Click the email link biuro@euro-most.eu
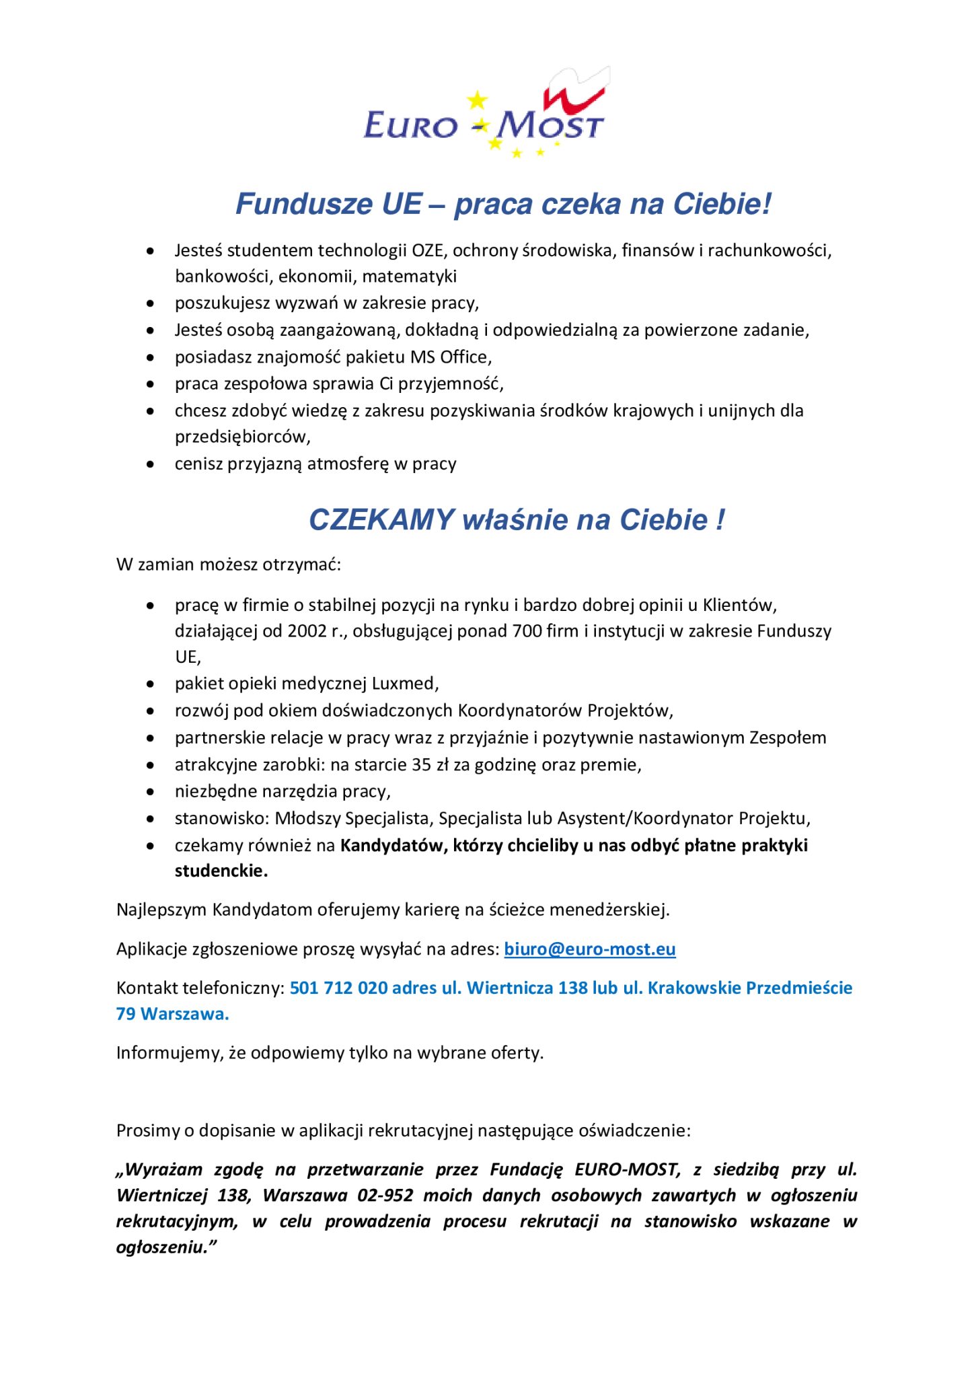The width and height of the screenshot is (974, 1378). coord(589,949)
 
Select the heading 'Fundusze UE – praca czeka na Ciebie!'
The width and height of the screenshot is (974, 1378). coord(503,204)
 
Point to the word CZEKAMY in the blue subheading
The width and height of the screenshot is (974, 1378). coord(381,520)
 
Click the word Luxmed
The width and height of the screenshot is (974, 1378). coord(408,684)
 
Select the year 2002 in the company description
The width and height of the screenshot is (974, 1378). coord(307,631)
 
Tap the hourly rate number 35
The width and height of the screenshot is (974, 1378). coord(421,764)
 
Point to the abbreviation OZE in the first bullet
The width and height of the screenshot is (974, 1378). coord(428,250)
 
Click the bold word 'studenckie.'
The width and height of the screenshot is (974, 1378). coord(221,871)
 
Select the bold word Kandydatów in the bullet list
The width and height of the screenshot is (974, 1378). coord(394,845)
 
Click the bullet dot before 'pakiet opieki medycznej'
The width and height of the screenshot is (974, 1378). coord(151,684)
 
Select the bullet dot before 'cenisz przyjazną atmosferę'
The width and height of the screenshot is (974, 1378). coord(151,464)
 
